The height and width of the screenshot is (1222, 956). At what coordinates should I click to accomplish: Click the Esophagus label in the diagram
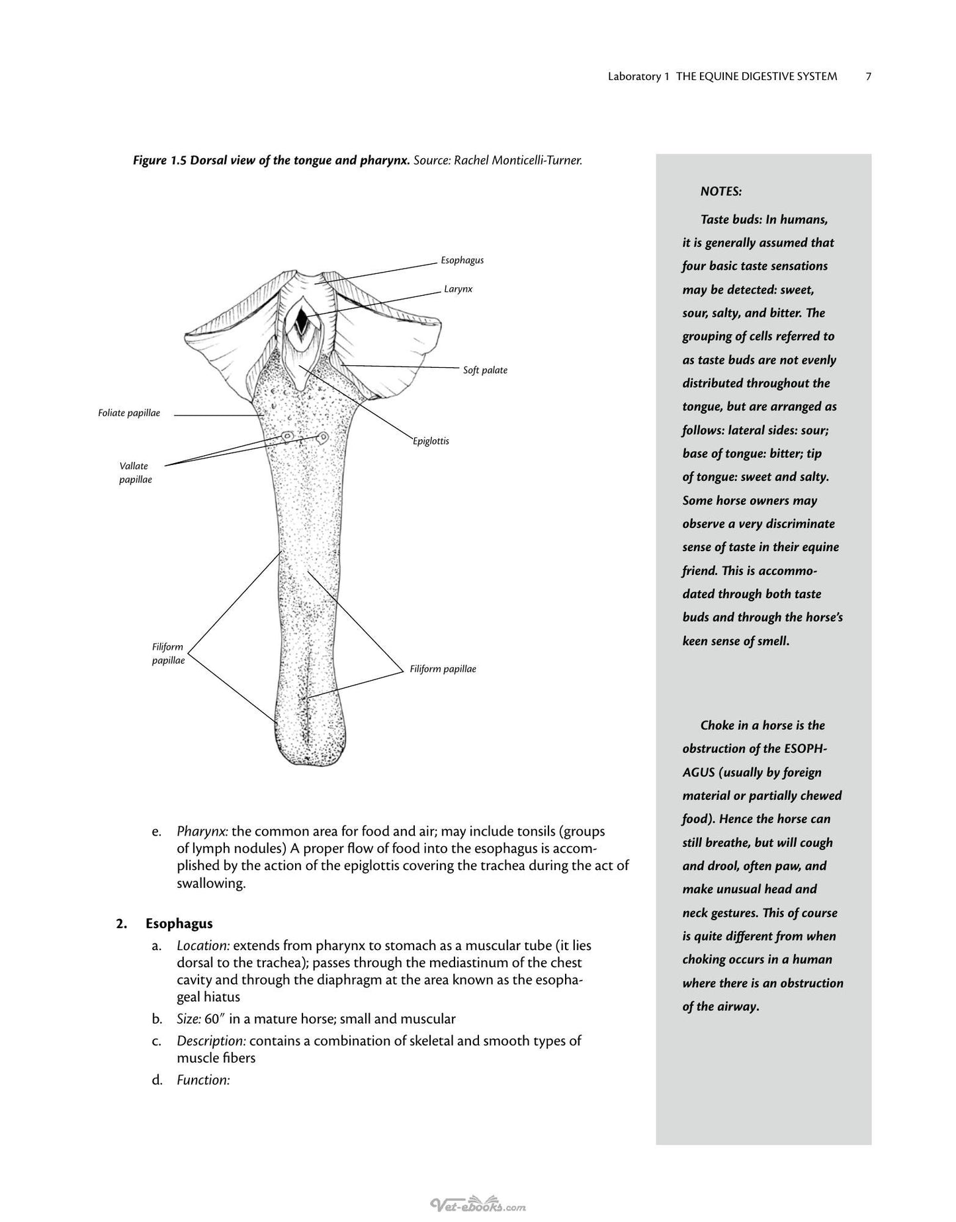pyautogui.click(x=462, y=260)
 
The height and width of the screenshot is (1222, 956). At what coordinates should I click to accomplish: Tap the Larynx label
pyautogui.click(x=458, y=289)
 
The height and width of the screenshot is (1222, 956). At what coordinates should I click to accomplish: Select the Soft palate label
pyautogui.click(x=485, y=370)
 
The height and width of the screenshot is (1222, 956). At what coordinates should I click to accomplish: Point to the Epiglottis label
pyautogui.click(x=431, y=441)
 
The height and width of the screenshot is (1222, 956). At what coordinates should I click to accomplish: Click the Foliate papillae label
pyautogui.click(x=129, y=413)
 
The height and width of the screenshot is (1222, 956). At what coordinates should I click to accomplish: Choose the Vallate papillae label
pyautogui.click(x=136, y=472)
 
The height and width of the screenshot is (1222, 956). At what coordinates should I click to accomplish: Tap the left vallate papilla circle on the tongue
pyautogui.click(x=288, y=437)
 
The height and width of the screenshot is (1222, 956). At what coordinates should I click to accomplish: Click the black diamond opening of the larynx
pyautogui.click(x=302, y=320)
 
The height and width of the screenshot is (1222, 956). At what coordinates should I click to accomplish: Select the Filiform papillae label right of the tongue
pyautogui.click(x=443, y=669)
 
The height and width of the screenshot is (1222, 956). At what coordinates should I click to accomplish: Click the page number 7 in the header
pyautogui.click(x=868, y=77)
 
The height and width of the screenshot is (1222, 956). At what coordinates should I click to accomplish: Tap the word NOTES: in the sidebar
pyautogui.click(x=721, y=192)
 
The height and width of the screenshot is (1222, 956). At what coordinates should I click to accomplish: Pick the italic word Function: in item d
pyautogui.click(x=203, y=1080)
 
